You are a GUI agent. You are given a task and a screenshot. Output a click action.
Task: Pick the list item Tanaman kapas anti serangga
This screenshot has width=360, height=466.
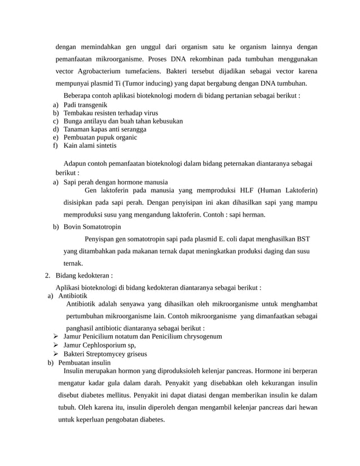point(105,129)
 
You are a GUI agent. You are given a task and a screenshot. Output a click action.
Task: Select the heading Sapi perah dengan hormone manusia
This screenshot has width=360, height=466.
point(115,182)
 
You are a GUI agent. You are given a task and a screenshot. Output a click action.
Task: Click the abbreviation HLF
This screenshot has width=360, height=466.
point(256,190)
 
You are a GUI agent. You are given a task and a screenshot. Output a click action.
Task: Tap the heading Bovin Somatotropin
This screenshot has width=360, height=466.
point(92,227)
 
